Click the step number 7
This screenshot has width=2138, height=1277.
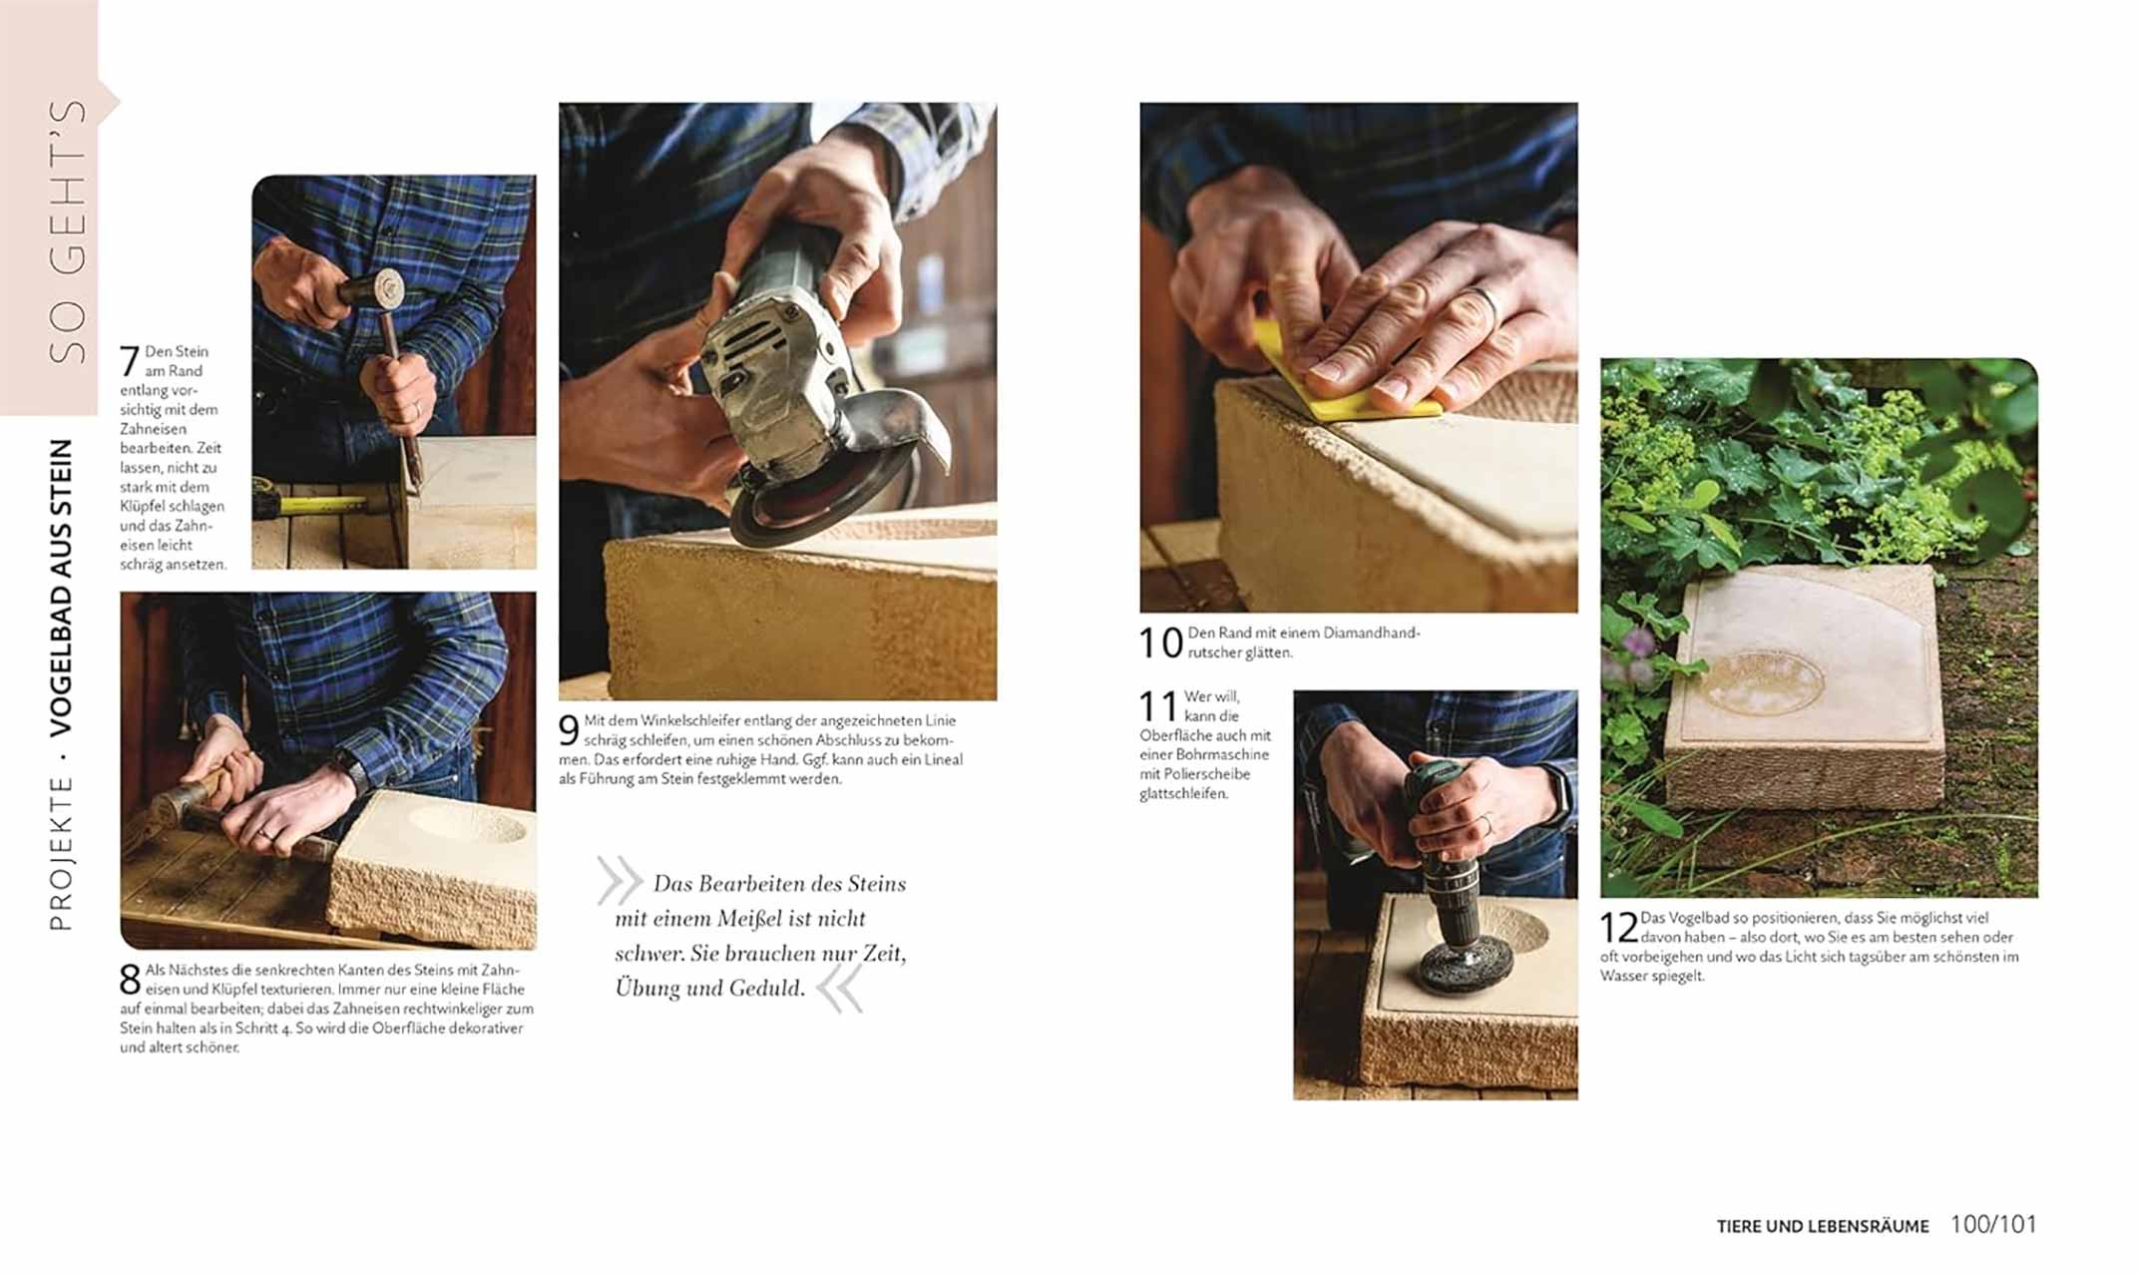[130, 361]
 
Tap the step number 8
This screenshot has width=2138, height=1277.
[130, 979]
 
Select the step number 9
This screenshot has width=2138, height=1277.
[569, 731]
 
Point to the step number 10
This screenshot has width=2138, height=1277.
[1160, 643]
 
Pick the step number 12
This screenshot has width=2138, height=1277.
[1619, 928]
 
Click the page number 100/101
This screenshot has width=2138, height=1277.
[1992, 1224]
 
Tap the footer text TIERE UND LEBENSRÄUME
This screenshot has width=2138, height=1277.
[1822, 1226]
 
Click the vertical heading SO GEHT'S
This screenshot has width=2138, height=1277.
[68, 229]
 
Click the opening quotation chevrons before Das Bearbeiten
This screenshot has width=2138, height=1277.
[620, 880]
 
